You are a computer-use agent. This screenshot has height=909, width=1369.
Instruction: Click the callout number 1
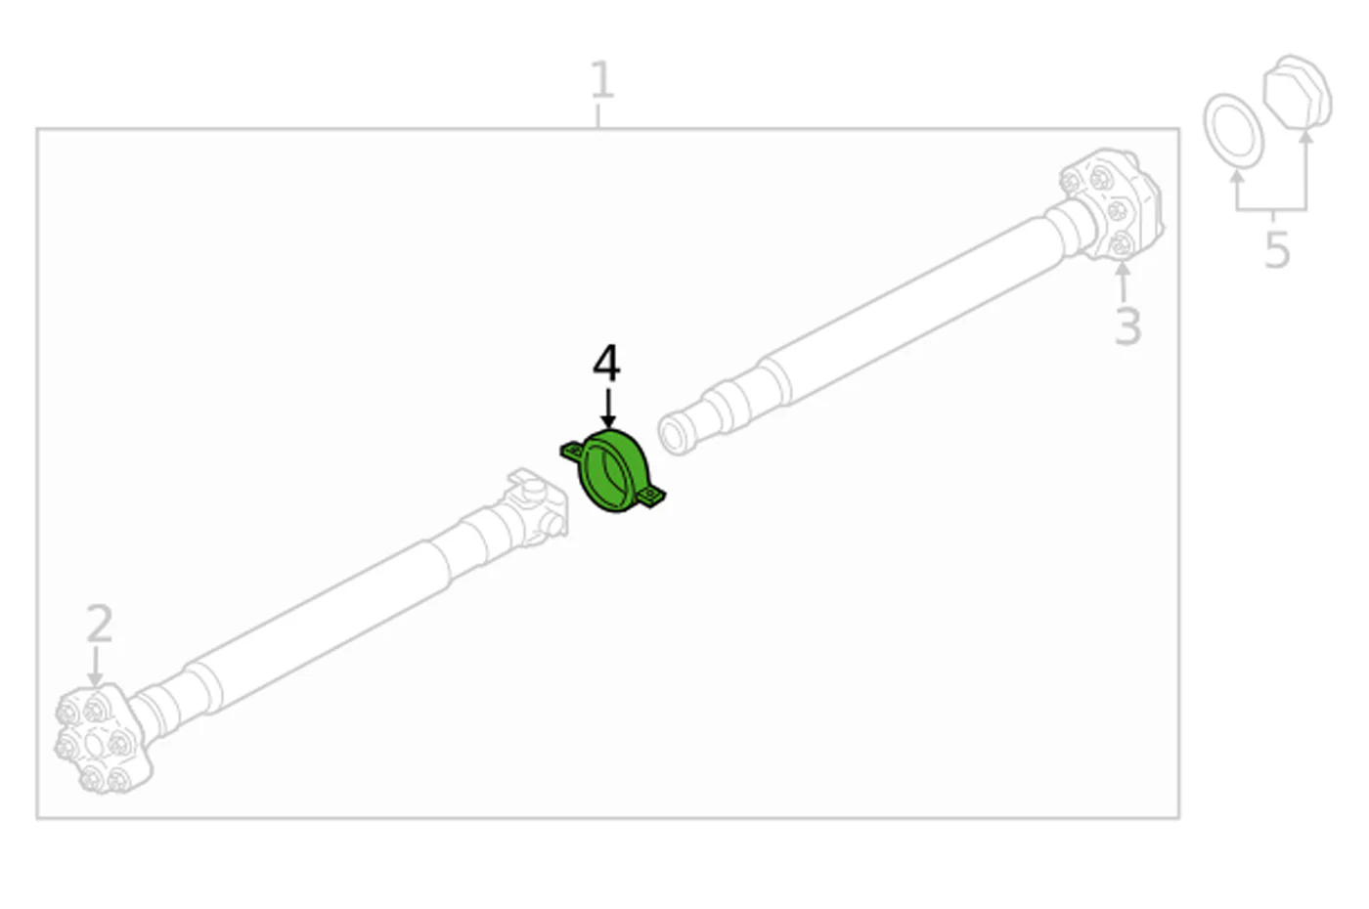602,79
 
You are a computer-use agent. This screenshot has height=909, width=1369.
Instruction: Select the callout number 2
100,623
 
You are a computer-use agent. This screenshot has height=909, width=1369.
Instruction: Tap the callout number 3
1127,326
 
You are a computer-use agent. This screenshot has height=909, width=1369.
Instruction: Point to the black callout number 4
606,363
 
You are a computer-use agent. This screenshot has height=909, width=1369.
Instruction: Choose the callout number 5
1277,249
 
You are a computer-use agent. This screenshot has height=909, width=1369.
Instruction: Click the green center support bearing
613,470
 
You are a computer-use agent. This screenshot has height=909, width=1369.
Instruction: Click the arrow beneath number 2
95,666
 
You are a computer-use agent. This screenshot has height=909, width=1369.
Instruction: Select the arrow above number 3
1123,281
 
